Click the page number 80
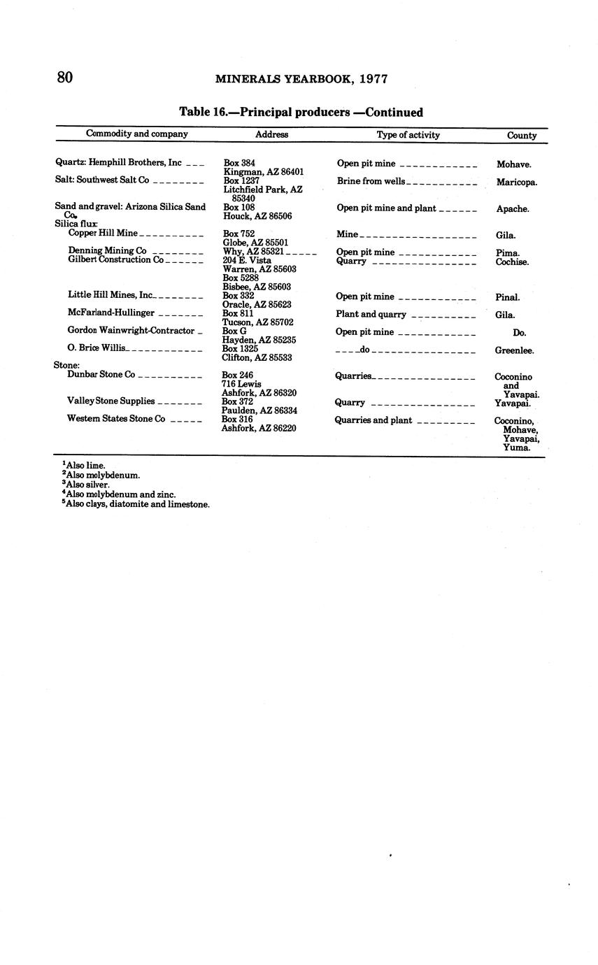point(64,77)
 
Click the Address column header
point(271,134)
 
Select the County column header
point(522,136)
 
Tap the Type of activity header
point(408,135)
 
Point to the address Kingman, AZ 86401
point(263,172)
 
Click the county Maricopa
point(517,183)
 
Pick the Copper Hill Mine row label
point(103,233)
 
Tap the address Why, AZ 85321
point(252,251)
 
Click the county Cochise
point(512,262)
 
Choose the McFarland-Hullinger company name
point(111,313)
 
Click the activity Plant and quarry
point(371,315)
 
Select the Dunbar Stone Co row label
point(101,374)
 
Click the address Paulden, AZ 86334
point(259,410)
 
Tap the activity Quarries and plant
point(373,420)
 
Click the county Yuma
point(516,448)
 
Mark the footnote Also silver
point(87,484)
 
